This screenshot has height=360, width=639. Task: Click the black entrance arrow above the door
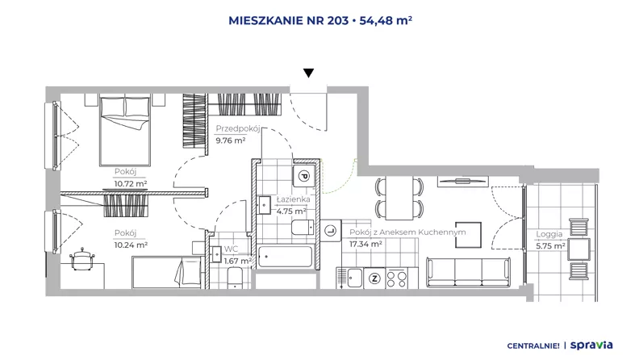coord(308,73)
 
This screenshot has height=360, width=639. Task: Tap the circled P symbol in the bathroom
coord(303,176)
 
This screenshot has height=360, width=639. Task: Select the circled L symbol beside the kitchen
coord(331,231)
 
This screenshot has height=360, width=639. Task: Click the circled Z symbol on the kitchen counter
coord(374,278)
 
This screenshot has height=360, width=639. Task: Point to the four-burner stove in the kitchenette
coord(396,278)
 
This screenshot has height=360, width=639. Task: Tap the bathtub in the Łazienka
coord(286,257)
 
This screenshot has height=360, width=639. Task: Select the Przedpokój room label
coord(237,128)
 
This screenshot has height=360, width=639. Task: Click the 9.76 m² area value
coord(230,140)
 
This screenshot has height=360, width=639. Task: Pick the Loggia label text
coord(549,234)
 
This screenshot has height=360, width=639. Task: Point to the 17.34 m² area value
coord(365,245)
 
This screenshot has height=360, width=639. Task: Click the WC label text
coord(231,249)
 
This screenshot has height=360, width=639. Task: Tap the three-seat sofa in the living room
coord(468,271)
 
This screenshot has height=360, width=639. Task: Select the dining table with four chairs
coord(399,198)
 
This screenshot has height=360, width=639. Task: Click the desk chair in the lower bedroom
coord(82,258)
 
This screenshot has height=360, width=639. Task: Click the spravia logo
coord(591,345)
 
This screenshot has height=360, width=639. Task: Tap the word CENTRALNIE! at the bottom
coord(533,345)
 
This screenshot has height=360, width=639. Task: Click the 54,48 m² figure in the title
coord(386,20)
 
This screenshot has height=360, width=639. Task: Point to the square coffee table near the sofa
coord(468,235)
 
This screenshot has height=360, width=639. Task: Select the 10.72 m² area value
coord(131,184)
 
